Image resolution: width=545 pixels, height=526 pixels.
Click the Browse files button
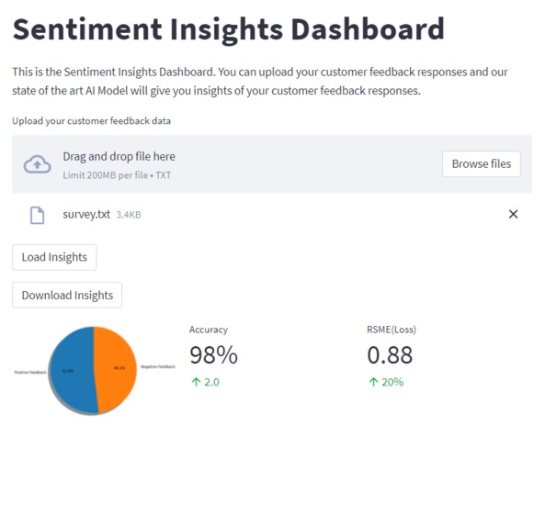pos(482,164)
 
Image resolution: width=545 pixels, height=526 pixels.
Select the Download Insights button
pos(67,296)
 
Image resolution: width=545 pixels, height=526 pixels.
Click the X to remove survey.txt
pos(513,214)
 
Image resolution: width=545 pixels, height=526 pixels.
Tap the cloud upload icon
pos(37,164)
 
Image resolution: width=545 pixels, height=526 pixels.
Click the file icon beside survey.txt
pos(37,215)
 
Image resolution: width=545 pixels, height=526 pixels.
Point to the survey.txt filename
pos(86,215)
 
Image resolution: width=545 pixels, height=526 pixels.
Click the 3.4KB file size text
pos(129,215)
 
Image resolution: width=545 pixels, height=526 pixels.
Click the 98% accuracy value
pos(213,354)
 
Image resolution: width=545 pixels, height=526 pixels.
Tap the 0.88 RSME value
pos(390,354)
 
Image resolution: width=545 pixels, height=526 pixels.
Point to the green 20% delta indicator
pos(386,382)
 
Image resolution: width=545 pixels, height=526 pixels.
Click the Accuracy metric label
pos(209,330)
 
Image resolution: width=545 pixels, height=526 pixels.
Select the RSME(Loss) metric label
pos(392,330)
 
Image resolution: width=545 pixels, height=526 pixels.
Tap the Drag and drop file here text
pos(119,157)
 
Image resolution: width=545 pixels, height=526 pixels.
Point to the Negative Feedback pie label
pos(157,366)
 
